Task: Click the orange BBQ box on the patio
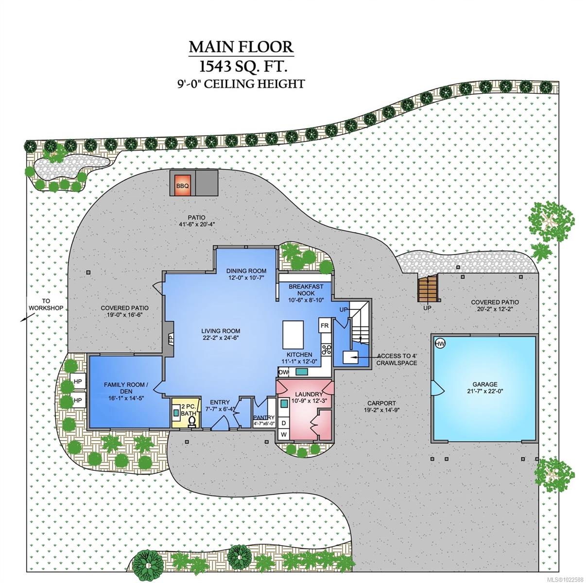click(x=183, y=185)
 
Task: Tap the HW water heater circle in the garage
click(x=440, y=343)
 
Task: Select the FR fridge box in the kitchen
click(x=325, y=325)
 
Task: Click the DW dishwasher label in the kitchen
click(x=283, y=372)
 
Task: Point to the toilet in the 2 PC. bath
click(x=192, y=420)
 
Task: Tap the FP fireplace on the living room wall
click(x=171, y=338)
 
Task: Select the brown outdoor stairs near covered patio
click(x=428, y=289)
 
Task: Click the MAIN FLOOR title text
click(x=241, y=47)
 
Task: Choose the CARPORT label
click(x=381, y=403)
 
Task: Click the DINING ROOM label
click(x=247, y=271)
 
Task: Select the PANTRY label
click(x=264, y=417)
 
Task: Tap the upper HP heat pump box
click(x=78, y=381)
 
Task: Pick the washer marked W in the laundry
click(x=283, y=433)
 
